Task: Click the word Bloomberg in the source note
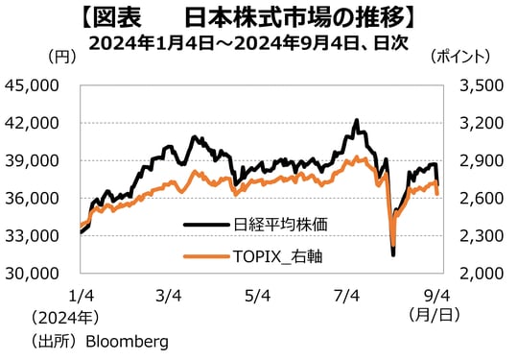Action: point(127,341)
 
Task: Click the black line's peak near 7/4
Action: point(357,121)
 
